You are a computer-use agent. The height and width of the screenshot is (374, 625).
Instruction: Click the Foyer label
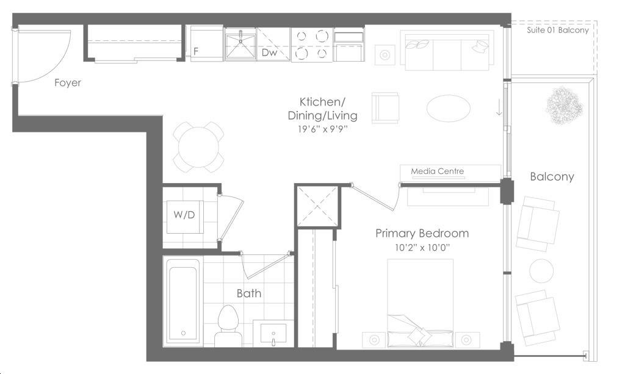tap(67, 82)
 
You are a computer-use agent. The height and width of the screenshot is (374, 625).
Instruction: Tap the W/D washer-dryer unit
tap(184, 217)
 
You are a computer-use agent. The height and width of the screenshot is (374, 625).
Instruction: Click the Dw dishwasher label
tap(269, 52)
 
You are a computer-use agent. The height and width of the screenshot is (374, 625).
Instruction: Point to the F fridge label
tap(196, 51)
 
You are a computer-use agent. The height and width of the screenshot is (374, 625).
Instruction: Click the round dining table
tap(198, 148)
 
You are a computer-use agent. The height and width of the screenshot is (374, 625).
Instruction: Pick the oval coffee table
tap(449, 108)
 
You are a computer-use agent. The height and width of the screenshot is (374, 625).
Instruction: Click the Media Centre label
tap(437, 171)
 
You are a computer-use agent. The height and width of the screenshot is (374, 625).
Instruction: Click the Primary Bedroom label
tap(422, 234)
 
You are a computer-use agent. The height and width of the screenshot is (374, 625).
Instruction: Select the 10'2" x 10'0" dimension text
tap(422, 248)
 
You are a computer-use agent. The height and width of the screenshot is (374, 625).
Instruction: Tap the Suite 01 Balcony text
tap(558, 31)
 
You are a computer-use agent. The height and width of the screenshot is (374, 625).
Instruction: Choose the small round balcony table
tap(541, 271)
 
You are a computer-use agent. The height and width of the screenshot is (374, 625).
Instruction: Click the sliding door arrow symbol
tap(499, 107)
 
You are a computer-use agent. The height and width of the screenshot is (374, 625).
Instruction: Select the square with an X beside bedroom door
tap(317, 206)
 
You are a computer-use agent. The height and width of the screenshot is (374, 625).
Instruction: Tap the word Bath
tap(249, 293)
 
